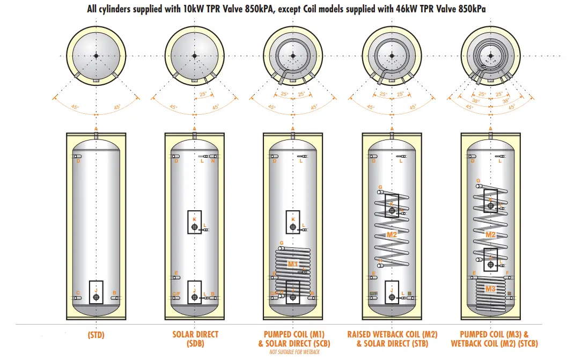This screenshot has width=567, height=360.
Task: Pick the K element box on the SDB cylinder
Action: [x=194, y=222]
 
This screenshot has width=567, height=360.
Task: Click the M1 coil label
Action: [x=292, y=264]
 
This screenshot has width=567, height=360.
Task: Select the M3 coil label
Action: [x=490, y=289]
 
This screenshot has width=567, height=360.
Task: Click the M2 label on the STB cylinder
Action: [x=392, y=235]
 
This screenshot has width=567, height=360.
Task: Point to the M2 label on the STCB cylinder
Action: [x=490, y=235]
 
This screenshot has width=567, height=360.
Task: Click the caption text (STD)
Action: [x=95, y=335]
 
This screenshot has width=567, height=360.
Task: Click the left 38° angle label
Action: [x=475, y=100]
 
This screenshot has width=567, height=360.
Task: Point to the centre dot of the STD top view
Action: [x=95, y=56]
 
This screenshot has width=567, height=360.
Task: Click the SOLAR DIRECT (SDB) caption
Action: [x=195, y=339]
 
